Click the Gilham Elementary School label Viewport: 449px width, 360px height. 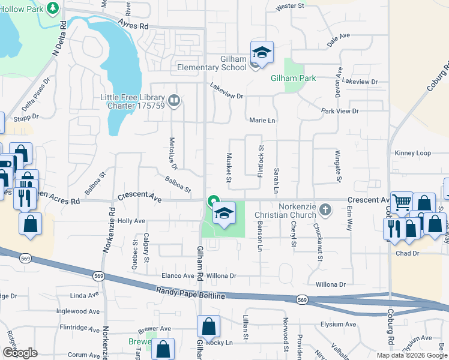[x=211, y=63]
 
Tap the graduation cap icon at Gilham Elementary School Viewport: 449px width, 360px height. [x=262, y=52]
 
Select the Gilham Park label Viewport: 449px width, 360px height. [x=293, y=79]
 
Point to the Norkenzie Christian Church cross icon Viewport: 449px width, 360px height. [x=325, y=209]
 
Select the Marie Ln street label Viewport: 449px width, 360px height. [x=262, y=121]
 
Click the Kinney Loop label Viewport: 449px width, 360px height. [x=412, y=153]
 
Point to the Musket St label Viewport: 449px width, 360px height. [x=229, y=167]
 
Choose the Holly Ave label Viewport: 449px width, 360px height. [x=131, y=221]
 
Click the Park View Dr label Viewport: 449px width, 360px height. [x=339, y=111]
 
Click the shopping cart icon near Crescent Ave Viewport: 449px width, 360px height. [x=401, y=202]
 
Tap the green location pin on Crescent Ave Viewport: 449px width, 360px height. [x=212, y=200]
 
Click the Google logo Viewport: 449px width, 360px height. [x=20, y=353]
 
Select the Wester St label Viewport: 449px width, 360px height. [x=291, y=7]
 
